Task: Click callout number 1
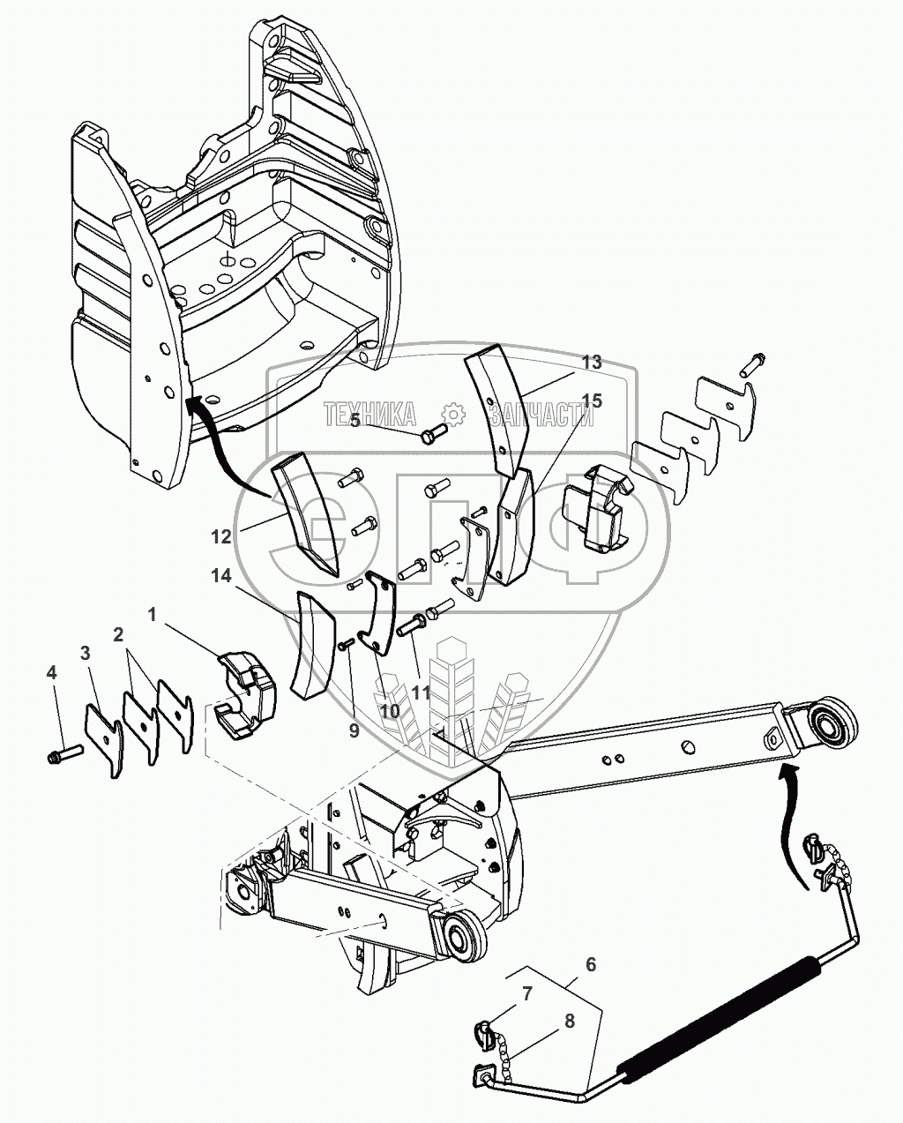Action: (153, 615)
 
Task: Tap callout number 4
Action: (52, 672)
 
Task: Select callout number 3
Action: (85, 653)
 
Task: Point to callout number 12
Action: (221, 535)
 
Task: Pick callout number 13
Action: (592, 362)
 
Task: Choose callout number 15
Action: (592, 401)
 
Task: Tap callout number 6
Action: (591, 964)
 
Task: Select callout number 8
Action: (569, 1022)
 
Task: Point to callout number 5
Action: (354, 420)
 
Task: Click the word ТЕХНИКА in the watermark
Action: (372, 414)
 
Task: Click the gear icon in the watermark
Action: (451, 414)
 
